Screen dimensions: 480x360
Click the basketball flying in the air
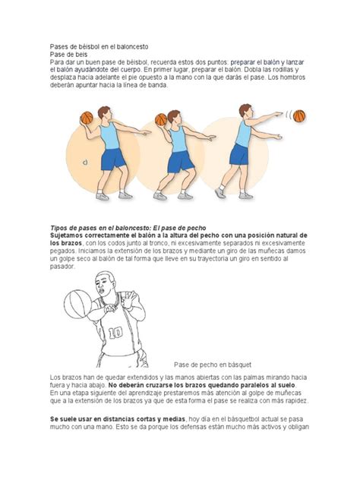tap(298, 115)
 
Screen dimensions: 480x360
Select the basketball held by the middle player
tap(161, 119)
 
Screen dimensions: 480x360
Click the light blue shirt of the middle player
tap(178, 139)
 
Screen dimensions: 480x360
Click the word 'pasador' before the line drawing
tap(63, 267)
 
